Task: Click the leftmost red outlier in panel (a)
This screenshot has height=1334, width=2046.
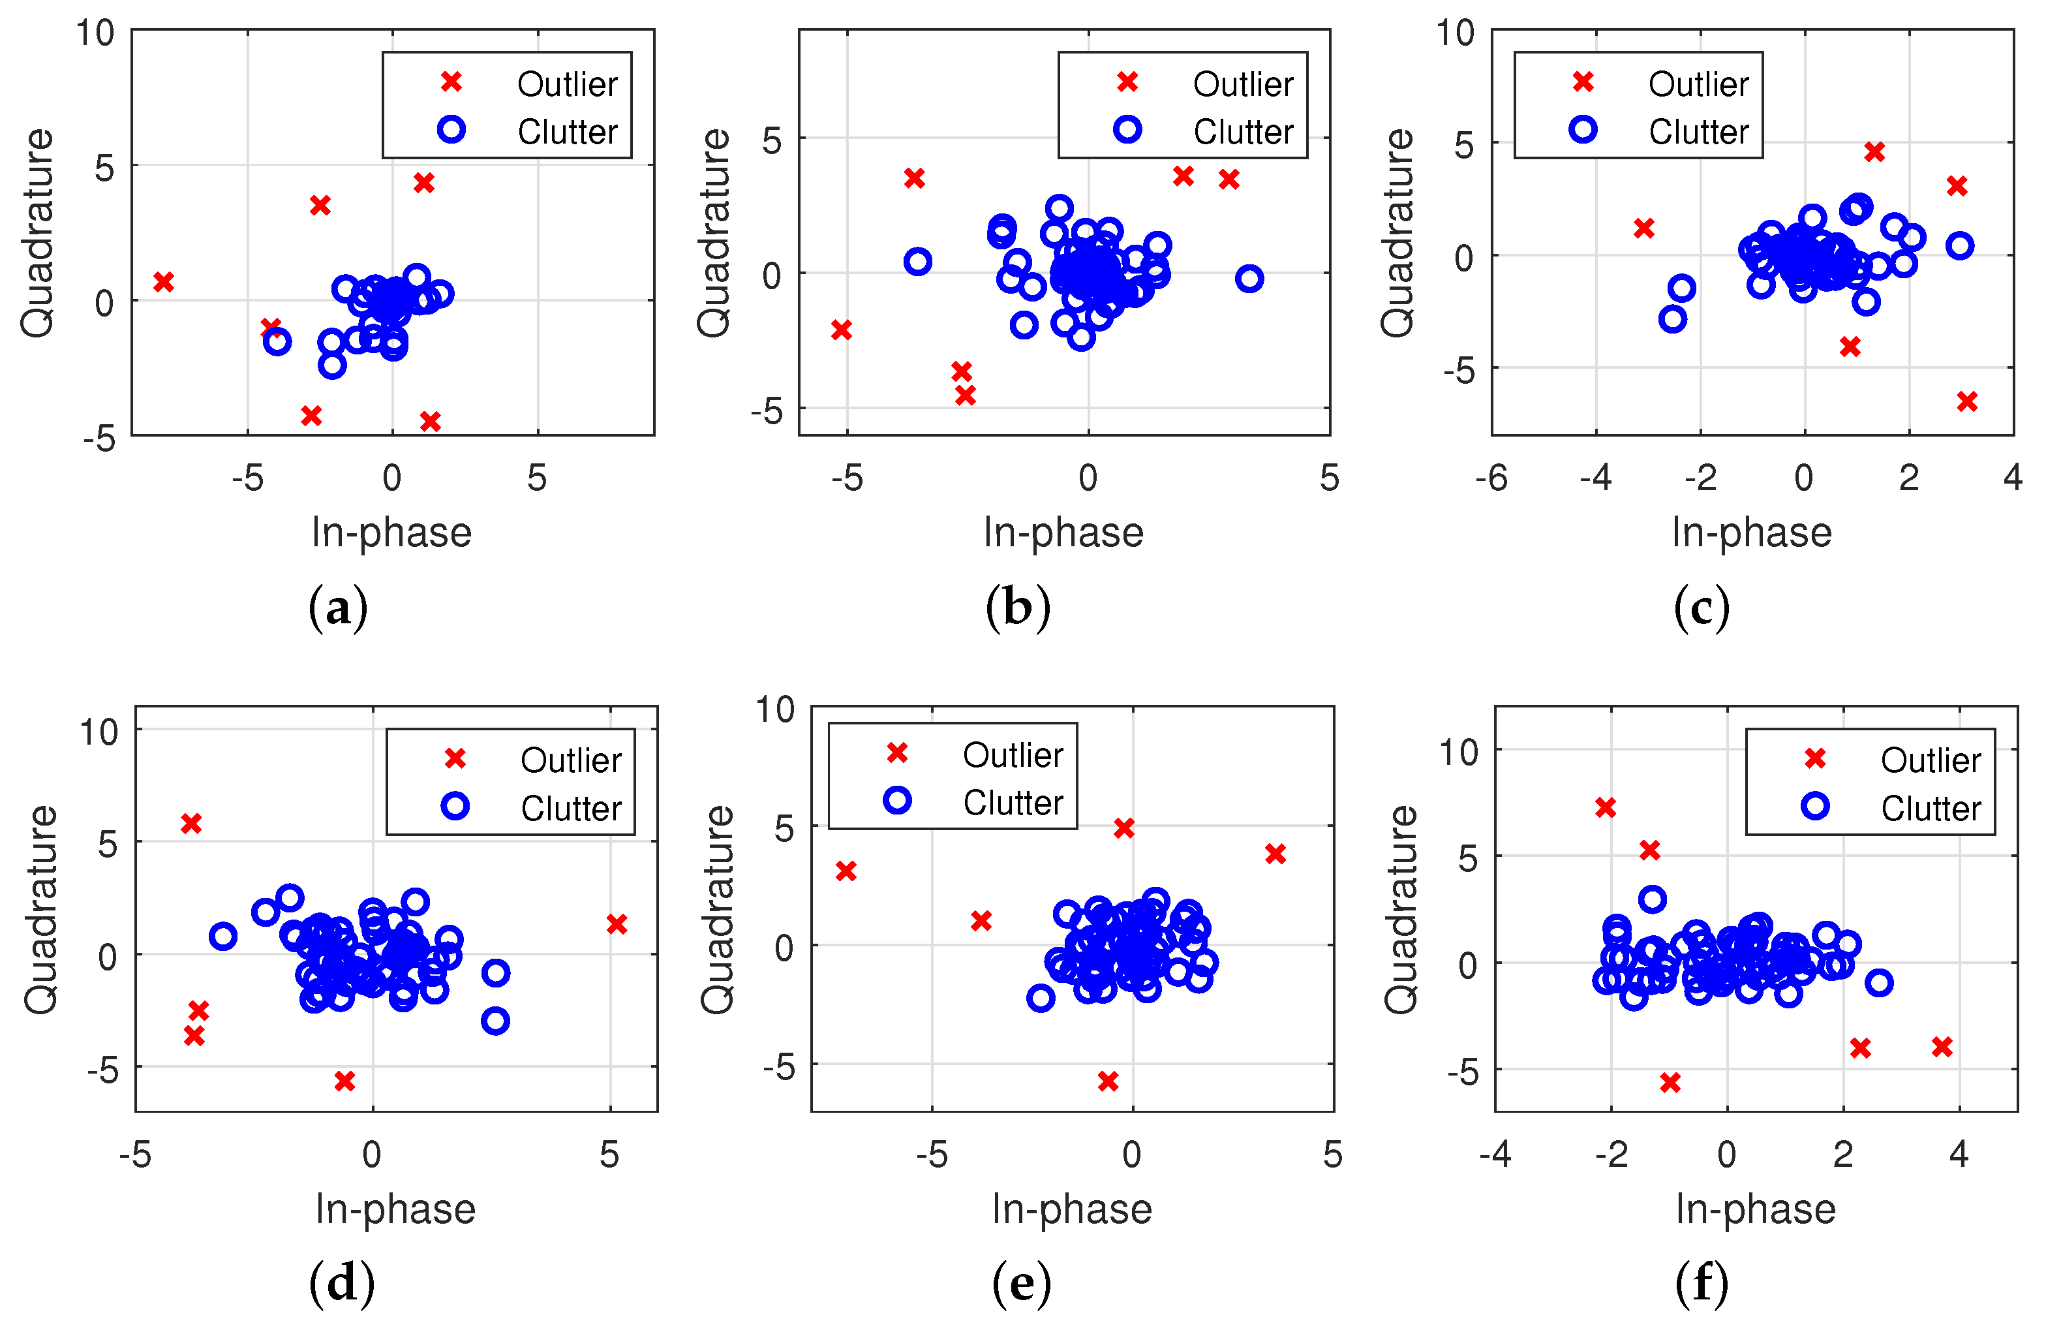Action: pyautogui.click(x=163, y=282)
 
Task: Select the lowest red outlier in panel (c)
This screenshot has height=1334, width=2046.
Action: pyautogui.click(x=1967, y=401)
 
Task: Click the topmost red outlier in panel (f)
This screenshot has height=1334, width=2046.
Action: pyautogui.click(x=1605, y=807)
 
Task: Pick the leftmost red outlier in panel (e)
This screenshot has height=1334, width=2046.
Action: pyautogui.click(x=846, y=871)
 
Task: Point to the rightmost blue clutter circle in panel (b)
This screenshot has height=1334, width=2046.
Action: pyautogui.click(x=1249, y=279)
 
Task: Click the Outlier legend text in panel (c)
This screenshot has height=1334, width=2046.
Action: pyautogui.click(x=1698, y=84)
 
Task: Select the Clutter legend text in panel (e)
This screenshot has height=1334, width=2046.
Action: pyautogui.click(x=1013, y=803)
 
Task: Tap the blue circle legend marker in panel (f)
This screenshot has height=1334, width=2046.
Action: pyautogui.click(x=1815, y=806)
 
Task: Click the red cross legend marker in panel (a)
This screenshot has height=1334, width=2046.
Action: pyautogui.click(x=451, y=82)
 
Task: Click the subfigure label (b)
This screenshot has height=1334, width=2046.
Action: pyautogui.click(x=1018, y=608)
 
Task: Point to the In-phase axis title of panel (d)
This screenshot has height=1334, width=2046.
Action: pyautogui.click(x=395, y=1209)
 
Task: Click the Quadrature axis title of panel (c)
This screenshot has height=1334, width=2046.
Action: pyautogui.click(x=1397, y=232)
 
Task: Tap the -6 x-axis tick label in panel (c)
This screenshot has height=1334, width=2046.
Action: pyautogui.click(x=1491, y=478)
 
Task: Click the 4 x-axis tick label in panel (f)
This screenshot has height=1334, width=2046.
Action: pyautogui.click(x=1959, y=1155)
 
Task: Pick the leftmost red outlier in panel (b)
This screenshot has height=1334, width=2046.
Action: pyautogui.click(x=842, y=330)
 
